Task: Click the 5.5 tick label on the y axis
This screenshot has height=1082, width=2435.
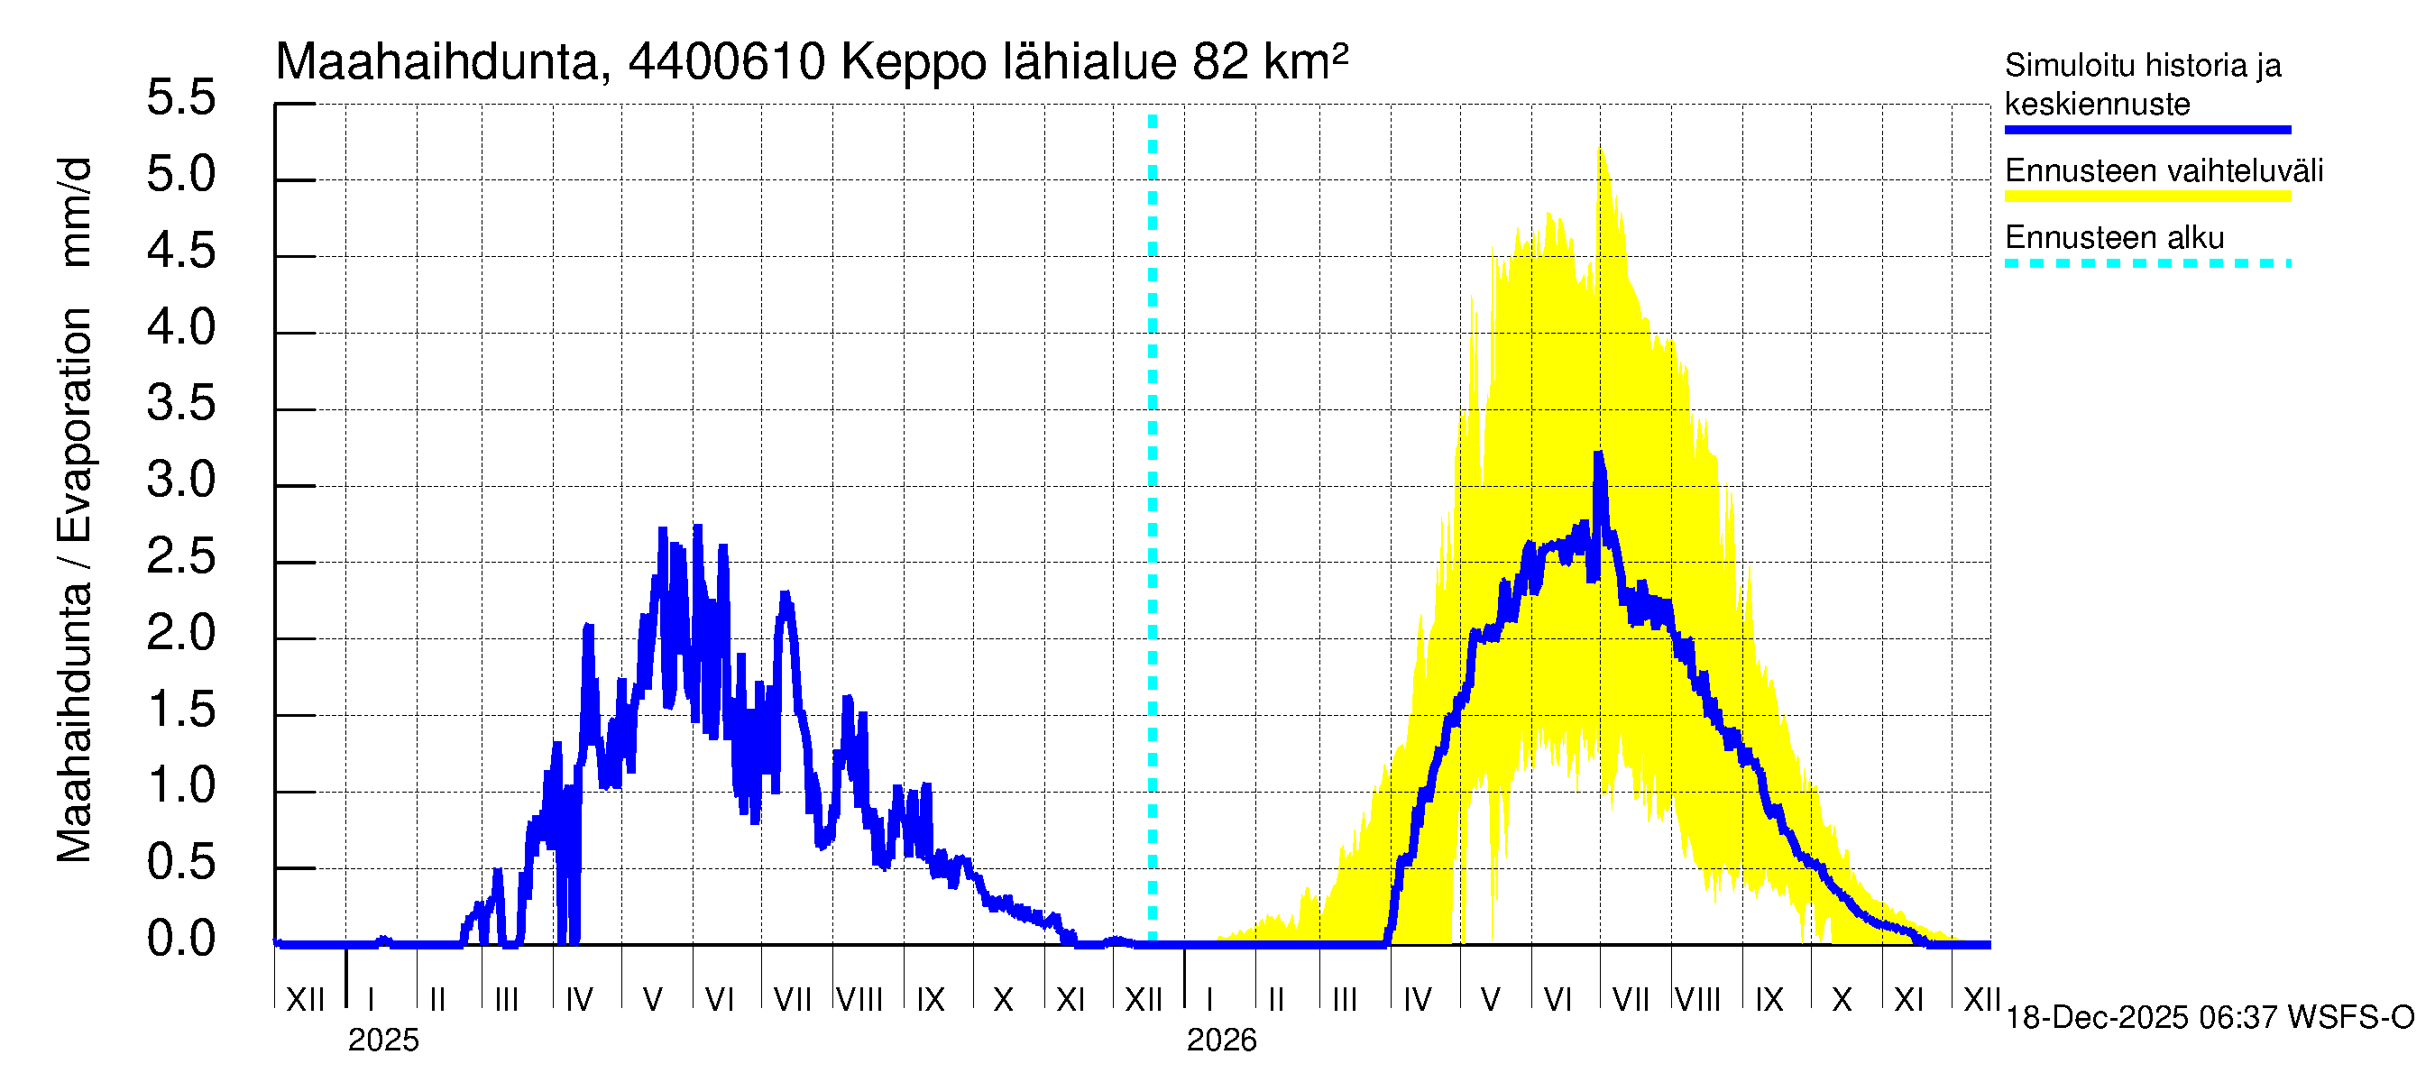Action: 181,98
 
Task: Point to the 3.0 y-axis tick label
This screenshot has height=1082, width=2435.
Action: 181,481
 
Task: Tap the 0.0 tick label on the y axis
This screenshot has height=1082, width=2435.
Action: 181,940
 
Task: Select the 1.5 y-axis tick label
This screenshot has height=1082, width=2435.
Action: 181,711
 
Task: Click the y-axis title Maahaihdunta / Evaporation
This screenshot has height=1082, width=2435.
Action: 74,586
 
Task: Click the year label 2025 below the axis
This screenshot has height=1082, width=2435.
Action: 382,1041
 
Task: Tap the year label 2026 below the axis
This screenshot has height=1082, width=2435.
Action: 1221,1041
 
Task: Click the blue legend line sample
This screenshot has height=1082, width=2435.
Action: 2146,130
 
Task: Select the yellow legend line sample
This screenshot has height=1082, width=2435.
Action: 2146,197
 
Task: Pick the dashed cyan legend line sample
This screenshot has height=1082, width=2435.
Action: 2146,263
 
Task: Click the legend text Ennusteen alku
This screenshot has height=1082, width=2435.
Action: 2115,237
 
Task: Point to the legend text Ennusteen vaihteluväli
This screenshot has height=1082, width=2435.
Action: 2164,171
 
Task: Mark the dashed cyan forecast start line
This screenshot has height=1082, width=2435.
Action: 1153,529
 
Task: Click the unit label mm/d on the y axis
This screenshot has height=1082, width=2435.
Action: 74,213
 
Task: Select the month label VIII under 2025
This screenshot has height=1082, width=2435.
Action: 860,1000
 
